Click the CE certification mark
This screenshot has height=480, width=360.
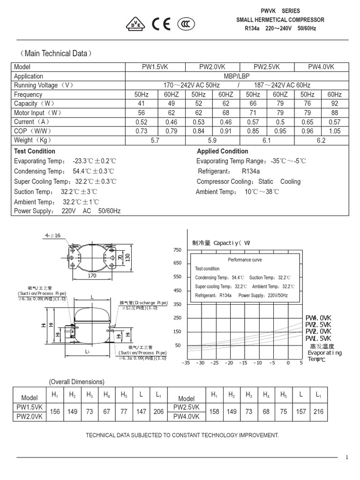(x=161, y=25)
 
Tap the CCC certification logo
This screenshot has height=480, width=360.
(x=186, y=25)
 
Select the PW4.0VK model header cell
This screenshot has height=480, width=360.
(x=321, y=67)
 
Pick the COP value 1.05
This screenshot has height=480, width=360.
(x=335, y=131)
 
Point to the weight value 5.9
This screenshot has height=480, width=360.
(x=213, y=140)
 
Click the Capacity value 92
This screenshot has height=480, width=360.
(x=335, y=104)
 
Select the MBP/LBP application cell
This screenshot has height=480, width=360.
(x=237, y=76)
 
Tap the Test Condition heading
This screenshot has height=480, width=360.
(x=35, y=151)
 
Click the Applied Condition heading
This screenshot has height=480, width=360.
(x=222, y=151)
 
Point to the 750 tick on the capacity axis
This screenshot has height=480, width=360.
(x=177, y=250)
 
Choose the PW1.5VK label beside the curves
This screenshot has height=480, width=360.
(x=318, y=338)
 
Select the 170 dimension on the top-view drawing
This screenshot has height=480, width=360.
(x=92, y=276)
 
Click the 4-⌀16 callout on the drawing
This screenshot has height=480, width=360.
(x=52, y=235)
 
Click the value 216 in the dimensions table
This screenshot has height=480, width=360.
(x=318, y=412)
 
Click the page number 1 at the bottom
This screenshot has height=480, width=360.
(x=347, y=457)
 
